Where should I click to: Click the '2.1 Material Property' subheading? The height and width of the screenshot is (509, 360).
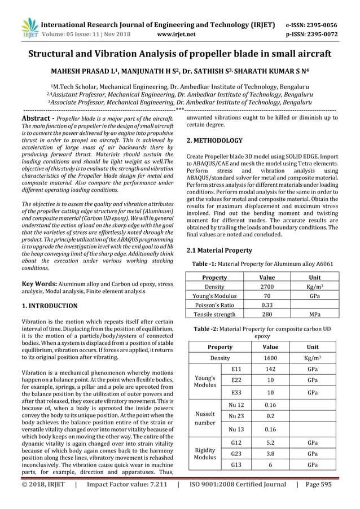coord(219,250)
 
